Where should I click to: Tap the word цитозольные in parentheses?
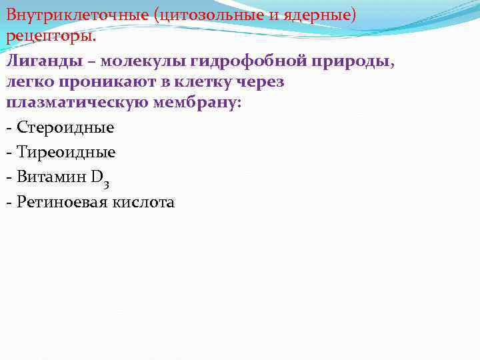click(x=207, y=14)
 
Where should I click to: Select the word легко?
click(x=29, y=82)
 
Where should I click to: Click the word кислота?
click(x=144, y=202)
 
